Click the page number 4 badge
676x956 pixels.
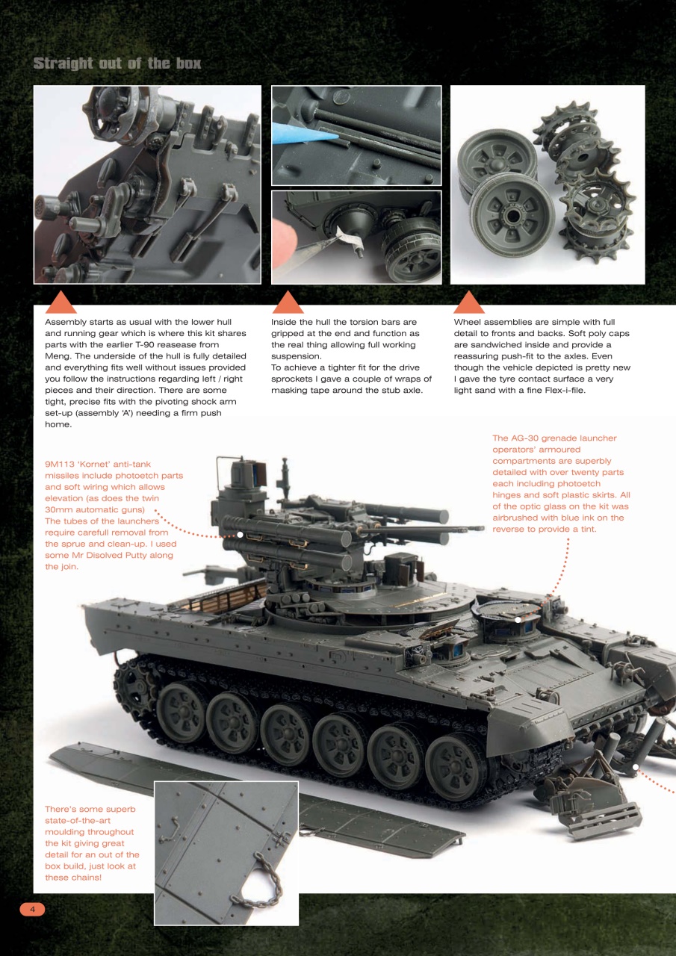tap(32, 909)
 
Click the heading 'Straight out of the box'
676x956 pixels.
tap(117, 63)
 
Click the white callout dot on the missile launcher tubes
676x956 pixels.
tap(240, 534)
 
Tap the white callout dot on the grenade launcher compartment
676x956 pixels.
tap(518, 618)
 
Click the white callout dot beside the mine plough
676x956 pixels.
tap(636, 766)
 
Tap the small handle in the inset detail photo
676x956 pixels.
tap(173, 829)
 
